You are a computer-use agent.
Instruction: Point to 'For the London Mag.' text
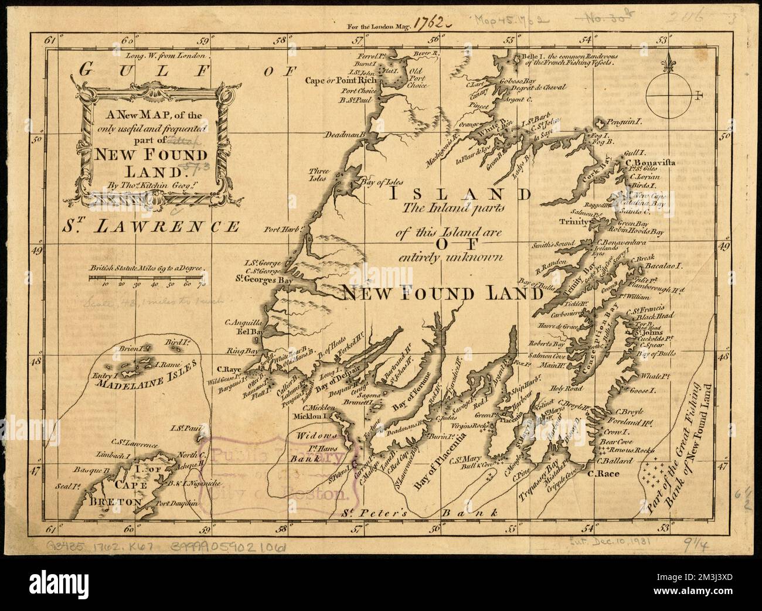(x=380, y=25)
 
